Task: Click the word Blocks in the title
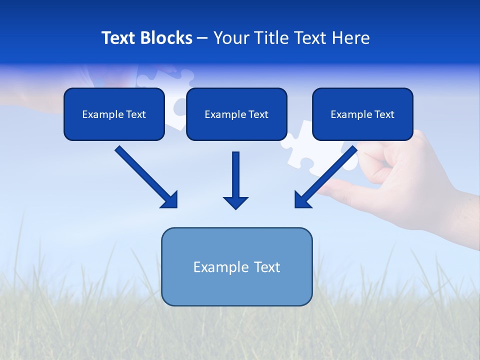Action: [x=167, y=38]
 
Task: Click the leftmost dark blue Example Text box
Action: [x=114, y=114]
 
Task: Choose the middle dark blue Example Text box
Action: [x=236, y=114]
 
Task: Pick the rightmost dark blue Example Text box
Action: [x=362, y=114]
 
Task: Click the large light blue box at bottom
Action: [x=236, y=267]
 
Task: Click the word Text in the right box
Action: [x=384, y=114]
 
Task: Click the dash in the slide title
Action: [x=202, y=38]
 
